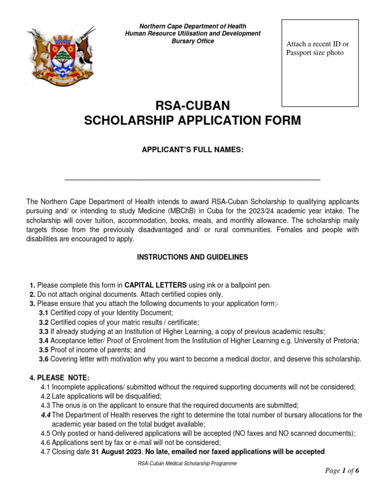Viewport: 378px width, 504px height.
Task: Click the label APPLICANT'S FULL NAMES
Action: point(192,149)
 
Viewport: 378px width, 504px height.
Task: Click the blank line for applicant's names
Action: point(192,179)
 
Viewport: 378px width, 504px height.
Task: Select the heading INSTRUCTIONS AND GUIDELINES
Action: point(192,257)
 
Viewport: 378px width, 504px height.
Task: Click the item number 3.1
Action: point(44,313)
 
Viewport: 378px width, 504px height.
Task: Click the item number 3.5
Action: point(44,350)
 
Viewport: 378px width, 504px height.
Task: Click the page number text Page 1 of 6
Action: point(342,471)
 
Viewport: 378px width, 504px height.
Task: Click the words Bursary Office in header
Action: point(192,41)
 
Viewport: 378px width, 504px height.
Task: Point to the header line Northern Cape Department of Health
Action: point(192,26)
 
